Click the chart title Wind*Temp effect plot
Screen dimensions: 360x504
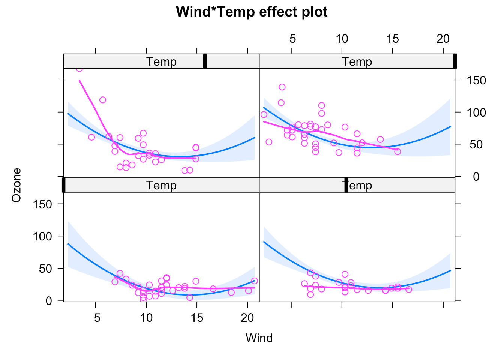(x=252, y=12)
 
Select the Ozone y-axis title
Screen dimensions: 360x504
(x=16, y=185)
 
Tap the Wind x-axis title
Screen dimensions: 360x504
(x=259, y=338)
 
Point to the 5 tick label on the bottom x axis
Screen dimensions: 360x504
(x=97, y=318)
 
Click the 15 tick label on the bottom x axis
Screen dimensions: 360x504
(x=197, y=318)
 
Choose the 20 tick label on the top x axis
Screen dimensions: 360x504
(x=443, y=39)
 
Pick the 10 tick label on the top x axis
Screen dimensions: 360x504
(x=342, y=39)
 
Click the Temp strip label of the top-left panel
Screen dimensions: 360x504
(x=161, y=61)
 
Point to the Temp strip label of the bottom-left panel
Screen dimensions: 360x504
(x=161, y=185)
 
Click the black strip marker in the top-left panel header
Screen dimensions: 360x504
(x=205, y=61)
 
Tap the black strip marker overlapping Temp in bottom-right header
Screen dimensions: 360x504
(x=346, y=185)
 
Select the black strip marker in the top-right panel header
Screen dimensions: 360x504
(x=454, y=61)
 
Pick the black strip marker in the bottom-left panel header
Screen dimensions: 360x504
(x=64, y=185)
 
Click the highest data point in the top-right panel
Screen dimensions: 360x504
(x=282, y=87)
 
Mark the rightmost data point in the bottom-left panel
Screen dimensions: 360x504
(x=255, y=281)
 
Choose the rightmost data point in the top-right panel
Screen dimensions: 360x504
(x=397, y=151)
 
